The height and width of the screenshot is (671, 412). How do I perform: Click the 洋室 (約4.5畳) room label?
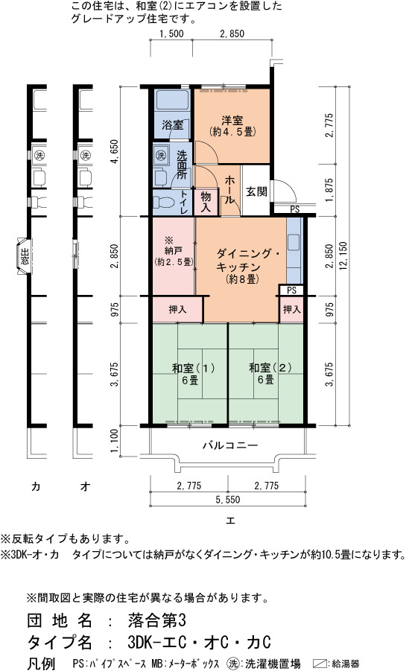point(232,126)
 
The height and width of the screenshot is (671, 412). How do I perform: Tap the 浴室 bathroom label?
point(173,125)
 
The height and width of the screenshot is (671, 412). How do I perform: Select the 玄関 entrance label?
point(256,191)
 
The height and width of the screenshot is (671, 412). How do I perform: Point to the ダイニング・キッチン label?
point(244,266)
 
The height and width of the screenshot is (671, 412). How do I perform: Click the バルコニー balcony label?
point(230,445)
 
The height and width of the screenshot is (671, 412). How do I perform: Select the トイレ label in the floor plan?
point(184,202)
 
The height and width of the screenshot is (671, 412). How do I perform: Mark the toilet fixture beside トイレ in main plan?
point(163,202)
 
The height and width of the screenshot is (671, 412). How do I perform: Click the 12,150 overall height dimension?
point(343,255)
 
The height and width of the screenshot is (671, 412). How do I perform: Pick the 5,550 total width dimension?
point(228,500)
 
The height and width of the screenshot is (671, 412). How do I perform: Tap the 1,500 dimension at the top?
point(171,34)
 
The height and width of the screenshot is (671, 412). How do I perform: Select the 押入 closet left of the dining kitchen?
point(177,309)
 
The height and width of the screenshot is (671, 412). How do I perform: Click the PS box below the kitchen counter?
point(291,290)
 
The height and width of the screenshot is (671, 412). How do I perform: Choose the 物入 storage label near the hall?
point(206,202)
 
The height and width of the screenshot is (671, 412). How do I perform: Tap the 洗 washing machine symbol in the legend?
point(233,664)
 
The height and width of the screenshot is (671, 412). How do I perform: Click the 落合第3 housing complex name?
point(156,620)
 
